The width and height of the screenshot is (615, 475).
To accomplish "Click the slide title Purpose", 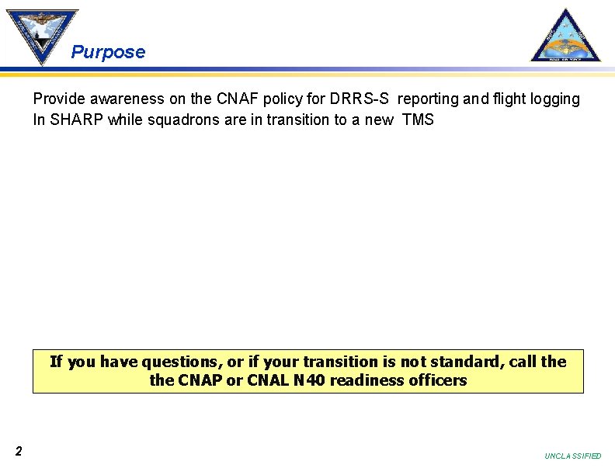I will coord(108,53).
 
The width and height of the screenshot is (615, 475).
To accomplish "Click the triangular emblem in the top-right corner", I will coord(565,36).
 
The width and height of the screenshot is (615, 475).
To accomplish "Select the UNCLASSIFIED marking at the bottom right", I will coord(573,456).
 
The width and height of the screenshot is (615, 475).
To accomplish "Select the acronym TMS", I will coord(418,120).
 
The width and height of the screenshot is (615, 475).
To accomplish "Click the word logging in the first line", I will coord(554,99).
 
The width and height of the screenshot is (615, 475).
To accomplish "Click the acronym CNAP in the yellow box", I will coord(200,381).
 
